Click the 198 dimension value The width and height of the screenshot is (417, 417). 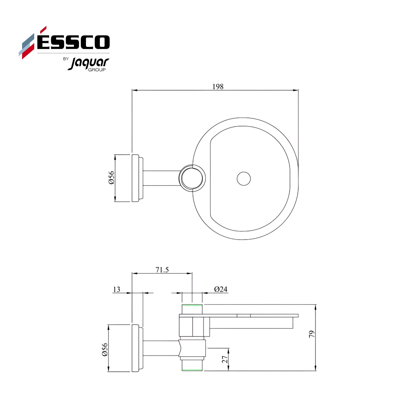pos(218,86)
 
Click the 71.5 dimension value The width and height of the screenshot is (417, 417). pos(162,270)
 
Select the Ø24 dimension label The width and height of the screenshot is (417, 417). pos(221,289)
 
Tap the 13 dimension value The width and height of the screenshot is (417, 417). pos(117,289)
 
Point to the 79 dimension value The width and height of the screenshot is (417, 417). pos(312,334)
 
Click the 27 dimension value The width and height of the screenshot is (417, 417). pos(225,359)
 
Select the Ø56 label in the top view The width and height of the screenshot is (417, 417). pos(112,178)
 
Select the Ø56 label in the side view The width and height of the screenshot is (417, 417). pos(105,350)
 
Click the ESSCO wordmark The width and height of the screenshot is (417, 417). pos(73,42)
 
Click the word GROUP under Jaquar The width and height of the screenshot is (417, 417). pos(97,70)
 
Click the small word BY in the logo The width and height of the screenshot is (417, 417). pos(66,59)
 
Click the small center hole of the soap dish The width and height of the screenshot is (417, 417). pos(244,178)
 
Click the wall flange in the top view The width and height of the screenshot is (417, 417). pos(136,178)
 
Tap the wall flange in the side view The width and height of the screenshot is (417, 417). pos(136,348)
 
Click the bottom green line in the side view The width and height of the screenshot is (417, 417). pos(192,370)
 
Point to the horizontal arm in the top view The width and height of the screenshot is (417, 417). pos(161,178)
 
